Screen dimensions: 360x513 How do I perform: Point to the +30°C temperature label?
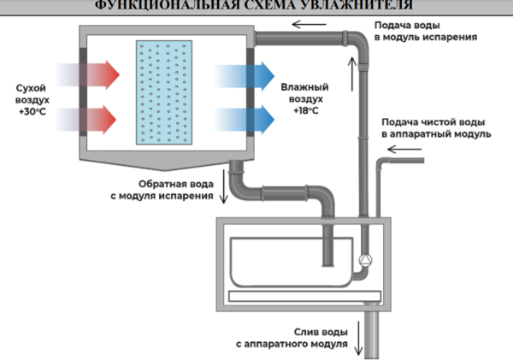(32, 111)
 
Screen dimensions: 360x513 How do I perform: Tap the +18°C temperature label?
(306, 111)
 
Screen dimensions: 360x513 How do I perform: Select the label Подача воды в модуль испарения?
(424, 32)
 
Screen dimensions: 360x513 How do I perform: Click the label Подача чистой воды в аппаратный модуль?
(435, 128)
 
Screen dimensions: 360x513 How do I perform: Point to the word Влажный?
(304, 88)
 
